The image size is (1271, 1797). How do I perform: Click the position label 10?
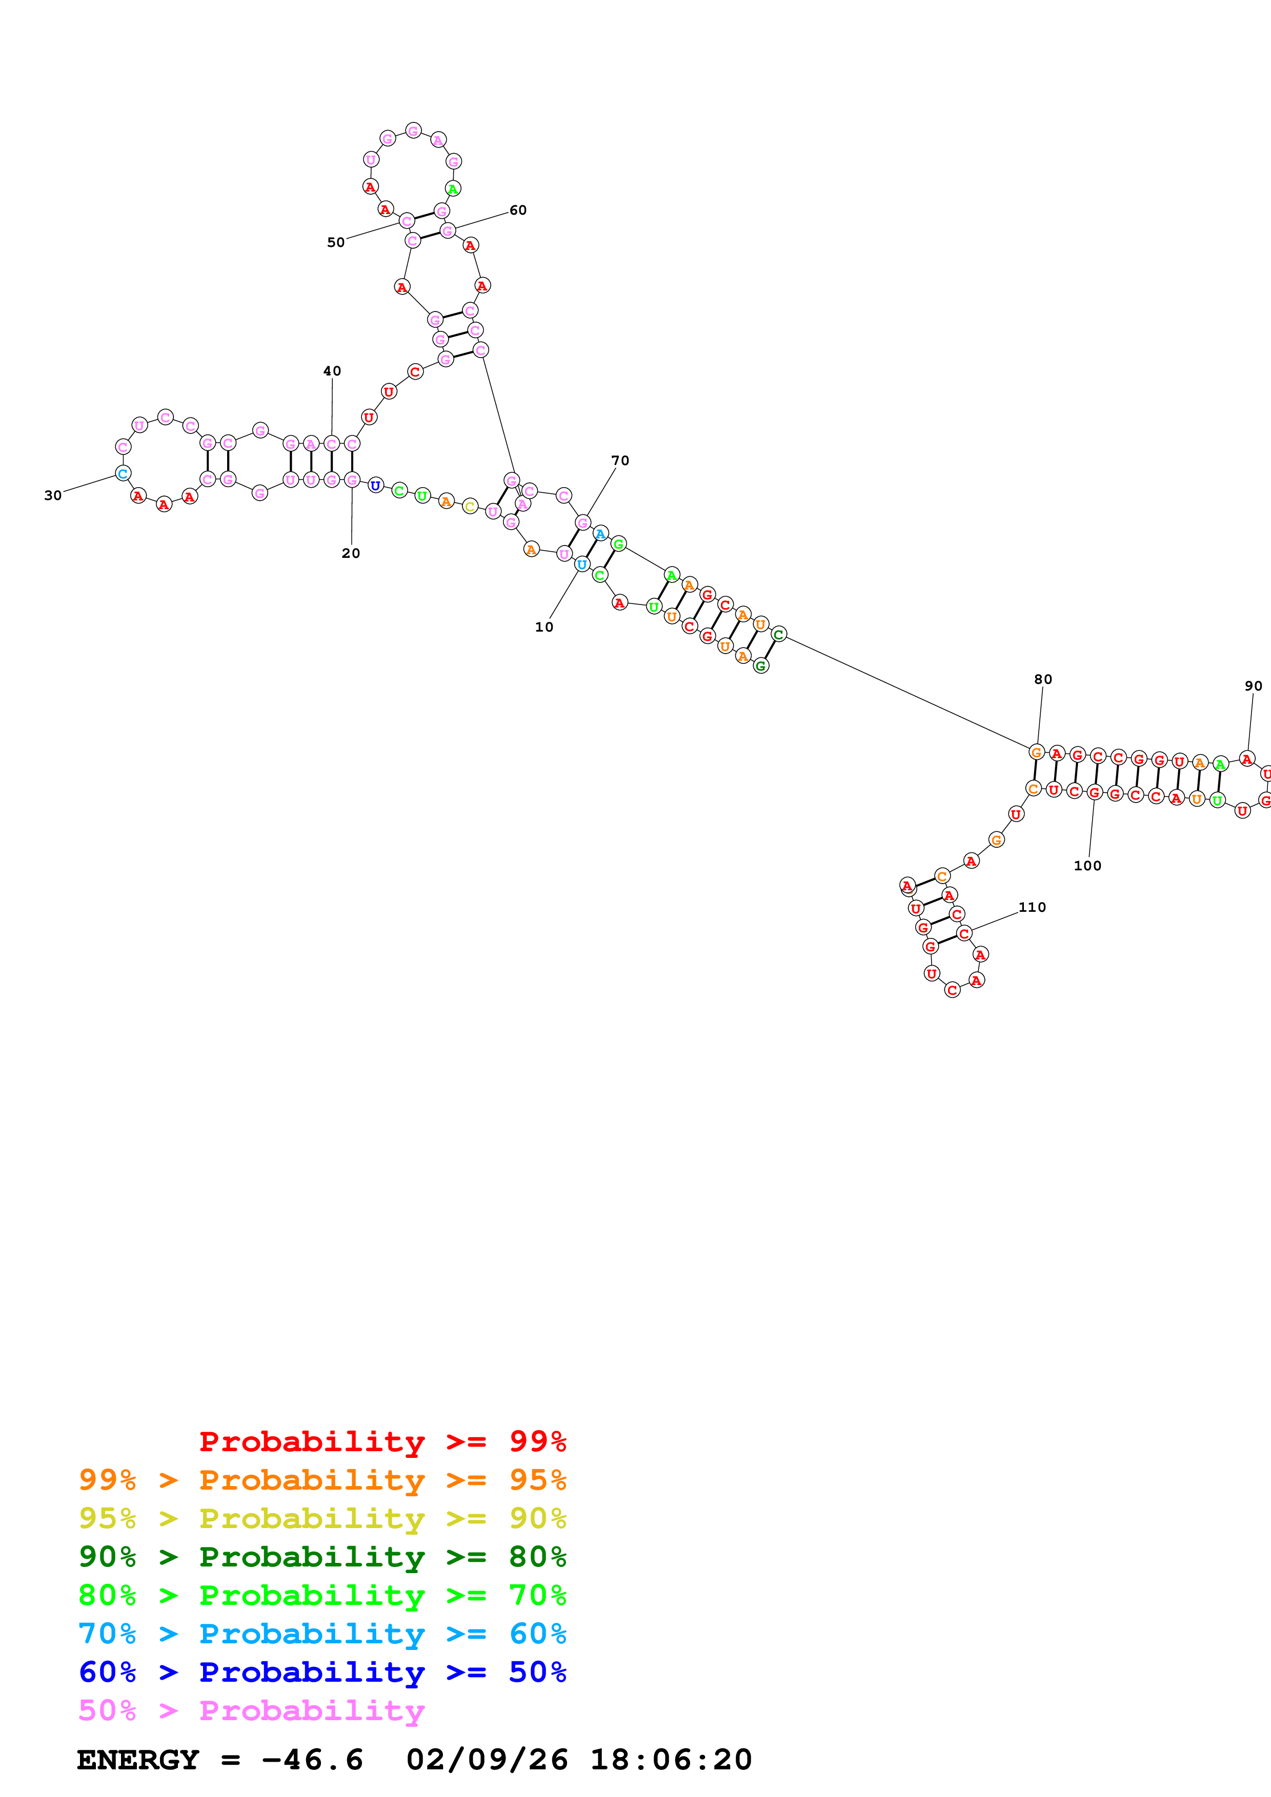click(543, 627)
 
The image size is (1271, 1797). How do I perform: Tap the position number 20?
click(351, 553)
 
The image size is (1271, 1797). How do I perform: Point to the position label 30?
click(52, 495)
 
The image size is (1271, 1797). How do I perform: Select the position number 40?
click(332, 371)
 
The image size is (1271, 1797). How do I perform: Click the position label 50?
click(336, 243)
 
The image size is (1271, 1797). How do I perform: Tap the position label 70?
click(619, 461)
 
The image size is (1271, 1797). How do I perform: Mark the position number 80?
click(1042, 679)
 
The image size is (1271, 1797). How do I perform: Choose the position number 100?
click(1087, 866)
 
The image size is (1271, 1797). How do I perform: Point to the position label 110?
click(1032, 907)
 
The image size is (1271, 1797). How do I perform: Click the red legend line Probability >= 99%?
click(382, 1441)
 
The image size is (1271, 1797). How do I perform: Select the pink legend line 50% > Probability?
click(251, 1711)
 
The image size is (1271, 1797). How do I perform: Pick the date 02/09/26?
click(487, 1760)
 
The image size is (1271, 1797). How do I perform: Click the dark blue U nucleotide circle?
click(376, 485)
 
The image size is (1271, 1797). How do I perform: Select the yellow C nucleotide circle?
click(470, 507)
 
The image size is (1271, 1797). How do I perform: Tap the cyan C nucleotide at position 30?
click(123, 473)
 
